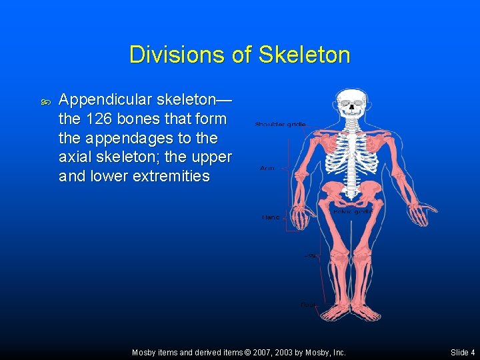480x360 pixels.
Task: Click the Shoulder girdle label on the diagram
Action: [x=280, y=124]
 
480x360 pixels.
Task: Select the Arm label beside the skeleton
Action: [x=267, y=169]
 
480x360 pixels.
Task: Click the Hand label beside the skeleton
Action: [x=271, y=217]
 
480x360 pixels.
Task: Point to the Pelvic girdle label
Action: [x=353, y=211]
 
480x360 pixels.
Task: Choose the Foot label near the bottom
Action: [x=308, y=304]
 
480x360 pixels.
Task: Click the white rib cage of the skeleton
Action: [x=351, y=150]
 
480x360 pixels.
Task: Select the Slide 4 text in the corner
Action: [x=463, y=352]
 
